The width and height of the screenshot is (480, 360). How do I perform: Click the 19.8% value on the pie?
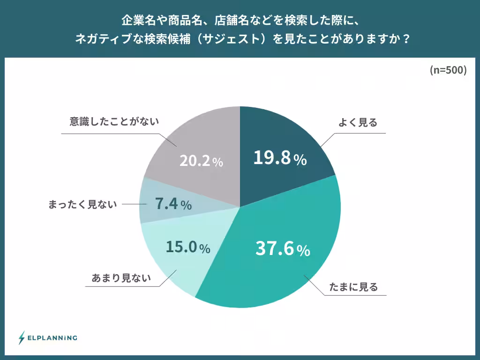(280, 158)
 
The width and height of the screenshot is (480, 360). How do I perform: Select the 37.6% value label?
(282, 249)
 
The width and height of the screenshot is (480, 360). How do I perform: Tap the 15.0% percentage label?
(188, 247)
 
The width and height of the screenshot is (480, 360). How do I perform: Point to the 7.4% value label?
(173, 204)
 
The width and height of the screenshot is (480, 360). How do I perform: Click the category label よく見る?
(358, 123)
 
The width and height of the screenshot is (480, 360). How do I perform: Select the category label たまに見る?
(353, 287)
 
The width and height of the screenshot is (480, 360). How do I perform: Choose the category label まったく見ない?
(82, 204)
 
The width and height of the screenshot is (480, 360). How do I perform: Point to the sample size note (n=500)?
(448, 70)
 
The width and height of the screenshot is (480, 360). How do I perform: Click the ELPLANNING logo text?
(52, 337)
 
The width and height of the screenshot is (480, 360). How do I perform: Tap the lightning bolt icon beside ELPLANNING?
(22, 337)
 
